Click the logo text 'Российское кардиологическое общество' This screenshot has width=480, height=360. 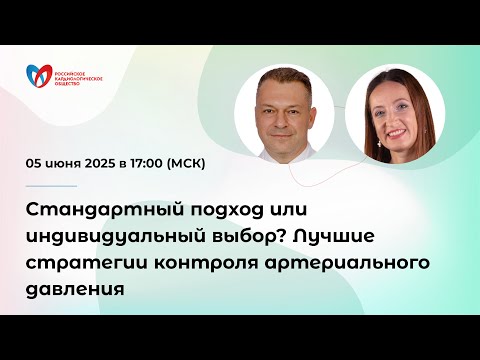(77, 74)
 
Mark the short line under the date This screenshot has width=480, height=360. (49, 186)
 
